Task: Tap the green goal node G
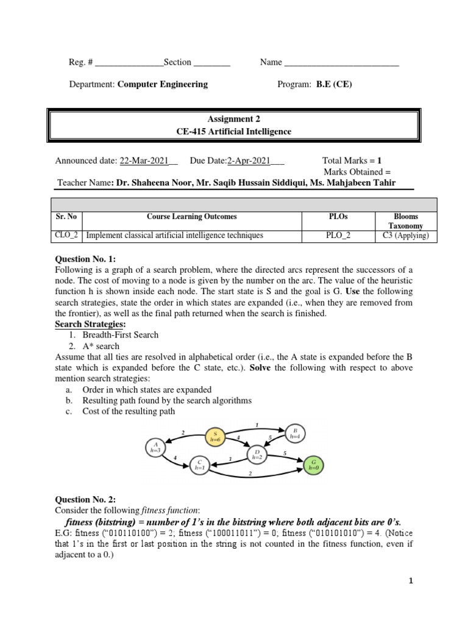313,466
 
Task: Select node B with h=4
294,434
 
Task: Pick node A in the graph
156,447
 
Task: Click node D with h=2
257,454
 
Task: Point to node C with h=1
199,464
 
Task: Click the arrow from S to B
256,428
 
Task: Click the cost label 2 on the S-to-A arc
183,433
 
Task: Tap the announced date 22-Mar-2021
144,161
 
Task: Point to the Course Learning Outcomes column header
192,217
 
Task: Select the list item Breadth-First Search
116,334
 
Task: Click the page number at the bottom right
411,581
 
